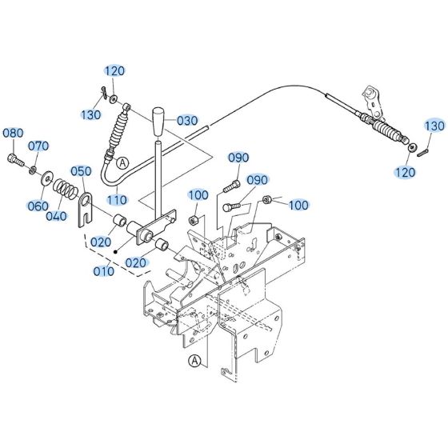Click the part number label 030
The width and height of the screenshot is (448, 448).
[x=187, y=121]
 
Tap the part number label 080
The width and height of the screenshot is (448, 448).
[x=14, y=133]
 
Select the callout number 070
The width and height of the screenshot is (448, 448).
[x=38, y=146]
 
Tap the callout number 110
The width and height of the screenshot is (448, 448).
[x=118, y=198]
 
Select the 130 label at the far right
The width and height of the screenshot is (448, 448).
[x=434, y=126]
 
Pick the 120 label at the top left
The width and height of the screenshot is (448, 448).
[x=115, y=71]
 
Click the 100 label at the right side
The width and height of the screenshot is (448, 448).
[x=298, y=206]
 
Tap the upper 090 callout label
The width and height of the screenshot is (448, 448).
[x=239, y=157]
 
